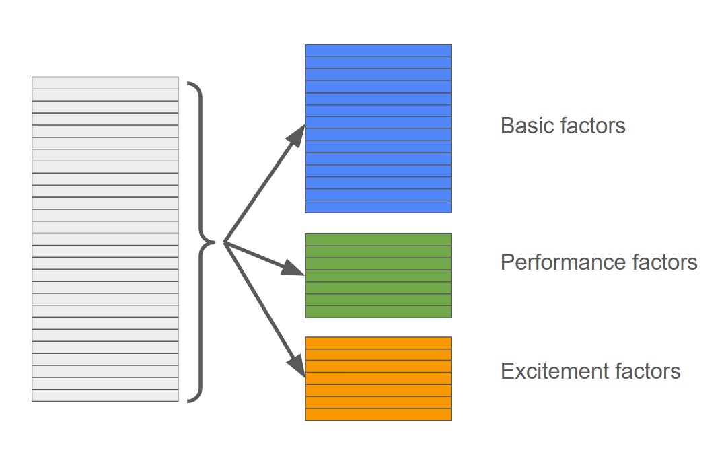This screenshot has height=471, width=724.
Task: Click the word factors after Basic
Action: point(594,126)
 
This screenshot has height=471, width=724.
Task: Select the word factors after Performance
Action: point(662,262)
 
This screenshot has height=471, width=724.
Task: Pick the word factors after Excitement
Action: point(645,371)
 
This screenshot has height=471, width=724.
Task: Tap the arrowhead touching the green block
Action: point(293,269)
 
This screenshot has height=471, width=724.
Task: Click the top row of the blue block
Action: point(378,50)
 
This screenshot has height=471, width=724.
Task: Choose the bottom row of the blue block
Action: point(378,207)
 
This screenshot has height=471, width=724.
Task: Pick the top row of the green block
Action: point(378,240)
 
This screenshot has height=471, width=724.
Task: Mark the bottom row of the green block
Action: point(378,312)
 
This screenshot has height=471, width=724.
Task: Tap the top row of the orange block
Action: point(378,342)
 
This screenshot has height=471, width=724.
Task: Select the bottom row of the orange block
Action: point(378,414)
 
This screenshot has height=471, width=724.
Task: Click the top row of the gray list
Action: point(105,83)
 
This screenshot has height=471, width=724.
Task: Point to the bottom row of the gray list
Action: point(105,396)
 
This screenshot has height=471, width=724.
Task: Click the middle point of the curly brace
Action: point(214,242)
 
